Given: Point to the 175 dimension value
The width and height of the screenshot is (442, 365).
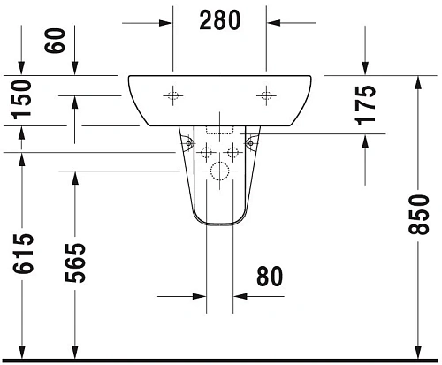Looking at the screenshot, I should click(366, 103).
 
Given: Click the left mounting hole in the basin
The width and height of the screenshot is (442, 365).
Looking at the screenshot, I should click(172, 94).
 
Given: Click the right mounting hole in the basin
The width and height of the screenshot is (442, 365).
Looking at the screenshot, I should click(266, 94).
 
